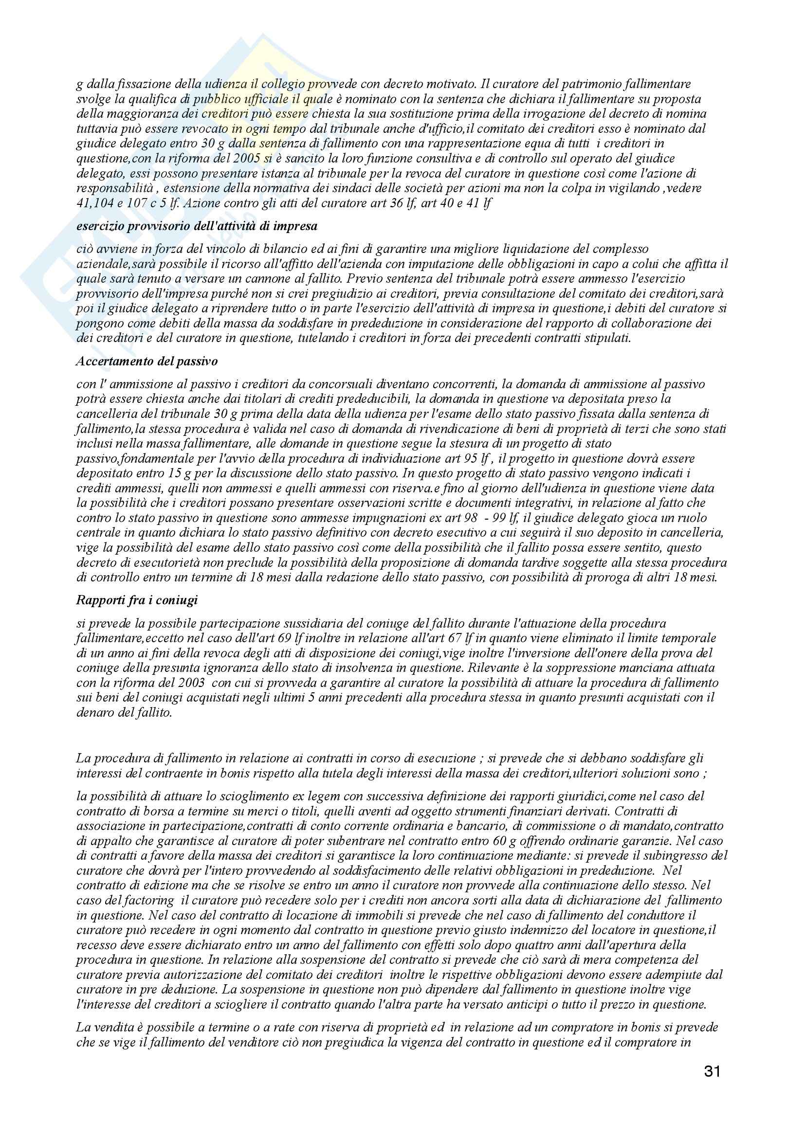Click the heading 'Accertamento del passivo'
pyautogui.click(x=146, y=361)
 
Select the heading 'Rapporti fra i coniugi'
pyautogui.click(x=137, y=600)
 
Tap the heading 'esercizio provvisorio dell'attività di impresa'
pyautogui.click(x=197, y=227)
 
